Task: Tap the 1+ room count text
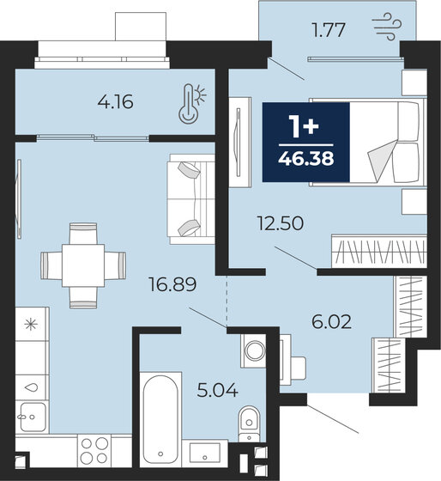pyautogui.click(x=306, y=126)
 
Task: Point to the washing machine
pyautogui.click(x=254, y=350)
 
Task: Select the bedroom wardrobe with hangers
pyautogui.click(x=378, y=253)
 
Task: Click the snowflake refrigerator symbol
pyautogui.click(x=32, y=325)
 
